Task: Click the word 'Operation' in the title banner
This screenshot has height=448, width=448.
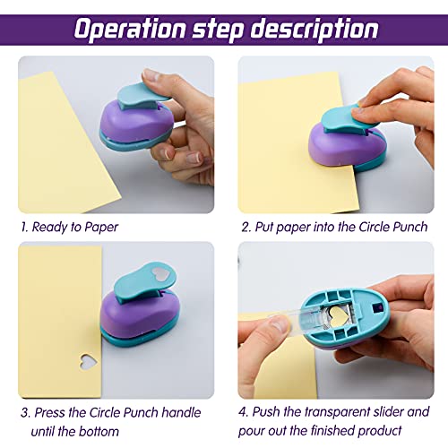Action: point(130,30)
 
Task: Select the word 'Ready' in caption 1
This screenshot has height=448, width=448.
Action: point(50,228)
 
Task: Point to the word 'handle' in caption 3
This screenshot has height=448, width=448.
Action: point(181,412)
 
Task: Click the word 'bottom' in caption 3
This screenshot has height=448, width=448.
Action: point(99,432)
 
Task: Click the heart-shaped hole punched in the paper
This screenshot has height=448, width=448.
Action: point(89,362)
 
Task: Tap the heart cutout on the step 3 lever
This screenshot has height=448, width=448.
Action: point(160,274)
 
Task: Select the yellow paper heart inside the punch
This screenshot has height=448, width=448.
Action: point(339,315)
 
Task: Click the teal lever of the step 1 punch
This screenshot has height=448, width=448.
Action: point(141,96)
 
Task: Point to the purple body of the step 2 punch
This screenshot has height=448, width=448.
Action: point(343,145)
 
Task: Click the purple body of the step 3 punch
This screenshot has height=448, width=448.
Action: point(139,313)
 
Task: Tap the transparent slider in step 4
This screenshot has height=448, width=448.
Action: point(298,321)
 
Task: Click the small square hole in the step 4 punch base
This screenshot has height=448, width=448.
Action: point(377,307)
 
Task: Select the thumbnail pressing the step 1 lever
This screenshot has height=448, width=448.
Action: point(151,75)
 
